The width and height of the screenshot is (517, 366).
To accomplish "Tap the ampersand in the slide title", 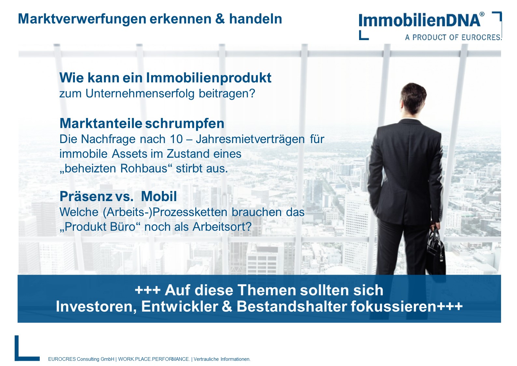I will [x=220, y=19].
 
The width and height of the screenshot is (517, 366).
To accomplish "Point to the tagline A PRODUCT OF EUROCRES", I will [x=453, y=37].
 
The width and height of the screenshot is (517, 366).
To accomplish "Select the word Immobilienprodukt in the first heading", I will [x=208, y=78].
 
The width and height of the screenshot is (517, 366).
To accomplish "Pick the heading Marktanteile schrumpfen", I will [x=142, y=124].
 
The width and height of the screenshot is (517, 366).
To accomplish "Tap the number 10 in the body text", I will [x=176, y=139].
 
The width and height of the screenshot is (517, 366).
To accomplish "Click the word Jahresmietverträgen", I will [x=250, y=139].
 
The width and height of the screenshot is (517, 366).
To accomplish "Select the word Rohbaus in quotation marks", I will [x=143, y=168].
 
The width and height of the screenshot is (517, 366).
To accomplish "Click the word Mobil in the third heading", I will [x=159, y=197].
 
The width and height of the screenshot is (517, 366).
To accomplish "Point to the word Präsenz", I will [x=86, y=197].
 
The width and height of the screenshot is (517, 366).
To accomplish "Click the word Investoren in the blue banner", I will [x=96, y=307].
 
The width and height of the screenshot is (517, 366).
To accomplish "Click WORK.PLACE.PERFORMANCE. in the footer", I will [x=154, y=359].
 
